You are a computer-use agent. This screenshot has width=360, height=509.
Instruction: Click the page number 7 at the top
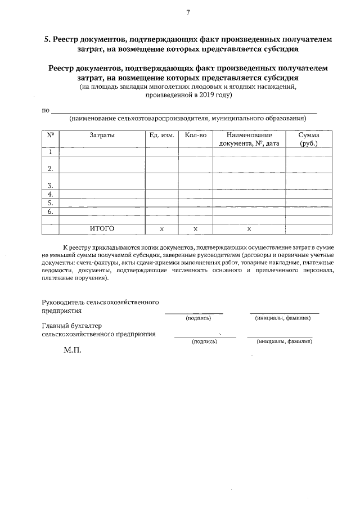tap(187, 12)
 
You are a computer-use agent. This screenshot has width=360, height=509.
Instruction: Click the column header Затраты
tap(102, 136)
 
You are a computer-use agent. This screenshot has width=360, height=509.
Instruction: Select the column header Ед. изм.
tap(161, 136)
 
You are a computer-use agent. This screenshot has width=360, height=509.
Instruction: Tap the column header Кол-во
tap(195, 136)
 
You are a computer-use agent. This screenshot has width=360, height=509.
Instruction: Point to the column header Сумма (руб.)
tap(309, 139)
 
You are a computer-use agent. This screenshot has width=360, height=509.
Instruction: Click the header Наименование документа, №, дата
tap(249, 139)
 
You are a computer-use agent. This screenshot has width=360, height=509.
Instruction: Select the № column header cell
tap(50, 136)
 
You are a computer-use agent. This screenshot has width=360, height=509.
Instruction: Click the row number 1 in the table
tap(51, 152)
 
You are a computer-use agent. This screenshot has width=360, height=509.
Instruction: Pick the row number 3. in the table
tap(51, 185)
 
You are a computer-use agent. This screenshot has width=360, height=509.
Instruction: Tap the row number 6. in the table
tap(51, 211)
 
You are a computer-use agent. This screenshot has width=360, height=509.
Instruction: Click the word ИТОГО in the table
tap(102, 229)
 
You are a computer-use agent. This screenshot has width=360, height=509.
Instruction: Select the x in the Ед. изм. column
tap(161, 229)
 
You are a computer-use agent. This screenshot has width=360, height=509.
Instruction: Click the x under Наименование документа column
tap(249, 229)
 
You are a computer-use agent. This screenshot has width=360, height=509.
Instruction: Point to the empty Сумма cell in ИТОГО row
tap(309, 229)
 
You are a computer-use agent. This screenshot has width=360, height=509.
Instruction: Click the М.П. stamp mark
tap(73, 349)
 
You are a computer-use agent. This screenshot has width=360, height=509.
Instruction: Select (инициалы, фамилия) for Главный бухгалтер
tap(283, 341)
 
